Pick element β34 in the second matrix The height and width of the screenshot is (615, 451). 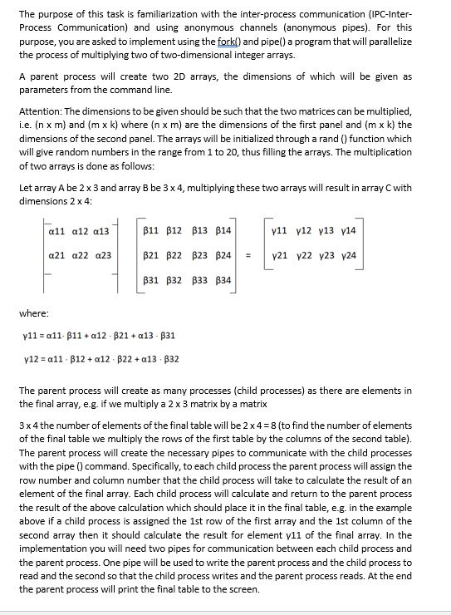click(223, 282)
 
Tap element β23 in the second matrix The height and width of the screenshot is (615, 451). click(199, 255)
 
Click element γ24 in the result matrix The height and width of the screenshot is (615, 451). click(349, 255)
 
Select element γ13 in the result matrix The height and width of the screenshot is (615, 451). click(326, 229)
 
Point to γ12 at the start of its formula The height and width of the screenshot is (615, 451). click(32, 358)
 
